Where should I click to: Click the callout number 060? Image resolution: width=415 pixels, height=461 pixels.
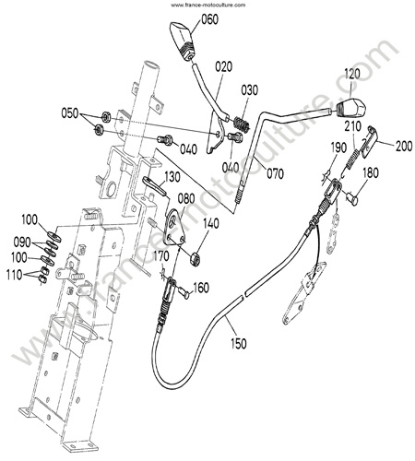(210, 19)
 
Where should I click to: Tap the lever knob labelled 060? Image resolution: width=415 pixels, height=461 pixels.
(183, 41)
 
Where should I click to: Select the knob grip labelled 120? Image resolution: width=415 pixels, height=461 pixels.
(350, 107)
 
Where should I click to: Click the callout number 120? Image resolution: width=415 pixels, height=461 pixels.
(352, 74)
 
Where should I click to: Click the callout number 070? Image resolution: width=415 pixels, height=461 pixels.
(275, 173)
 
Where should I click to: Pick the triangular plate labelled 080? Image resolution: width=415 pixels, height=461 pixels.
(174, 227)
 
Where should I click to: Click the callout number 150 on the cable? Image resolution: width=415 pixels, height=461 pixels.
(238, 343)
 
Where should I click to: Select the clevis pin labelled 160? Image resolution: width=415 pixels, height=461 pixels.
(184, 291)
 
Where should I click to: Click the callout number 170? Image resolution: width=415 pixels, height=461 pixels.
(161, 255)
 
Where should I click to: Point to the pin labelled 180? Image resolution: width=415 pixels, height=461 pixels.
(352, 197)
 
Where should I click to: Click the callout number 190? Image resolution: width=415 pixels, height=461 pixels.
(338, 148)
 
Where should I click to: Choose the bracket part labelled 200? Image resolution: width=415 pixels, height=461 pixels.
(369, 141)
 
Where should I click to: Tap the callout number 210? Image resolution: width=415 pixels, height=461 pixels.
(352, 126)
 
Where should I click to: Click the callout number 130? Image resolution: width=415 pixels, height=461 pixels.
(172, 177)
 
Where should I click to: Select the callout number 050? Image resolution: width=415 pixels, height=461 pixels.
(70, 113)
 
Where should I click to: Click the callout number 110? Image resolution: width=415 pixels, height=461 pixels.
(15, 275)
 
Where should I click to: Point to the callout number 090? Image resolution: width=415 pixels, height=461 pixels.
(22, 242)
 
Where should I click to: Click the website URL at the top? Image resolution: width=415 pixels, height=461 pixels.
(208, 5)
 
